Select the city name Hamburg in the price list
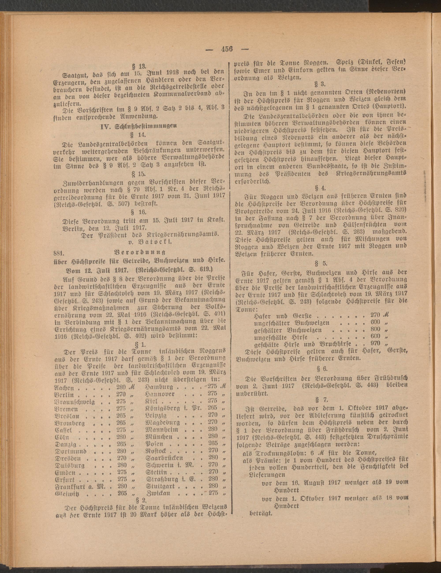coord(159,387)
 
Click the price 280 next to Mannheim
coord(212,429)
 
